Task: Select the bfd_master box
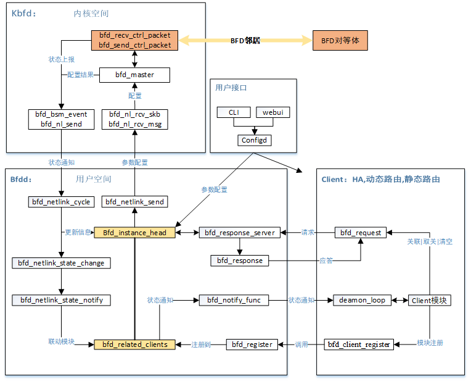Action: (134, 75)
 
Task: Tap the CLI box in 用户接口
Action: (234, 112)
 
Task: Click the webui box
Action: (272, 112)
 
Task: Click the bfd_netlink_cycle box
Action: (61, 202)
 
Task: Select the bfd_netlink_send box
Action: (134, 202)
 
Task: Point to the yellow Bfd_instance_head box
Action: (134, 233)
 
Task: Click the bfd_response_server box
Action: (240, 233)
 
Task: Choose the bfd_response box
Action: (240, 261)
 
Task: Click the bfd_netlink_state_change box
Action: (61, 263)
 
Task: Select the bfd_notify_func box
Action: (234, 300)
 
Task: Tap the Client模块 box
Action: (430, 300)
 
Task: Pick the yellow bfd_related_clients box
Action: (134, 344)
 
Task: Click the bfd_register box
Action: (252, 344)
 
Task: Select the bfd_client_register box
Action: (359, 344)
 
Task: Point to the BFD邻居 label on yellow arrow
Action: (245, 41)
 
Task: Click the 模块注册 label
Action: (430, 343)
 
